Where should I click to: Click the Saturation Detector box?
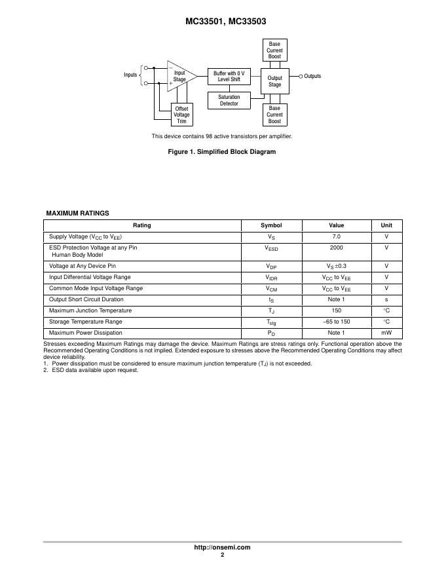pos(229,100)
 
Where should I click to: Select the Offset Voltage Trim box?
pos(181,115)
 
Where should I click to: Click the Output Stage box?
pos(274,81)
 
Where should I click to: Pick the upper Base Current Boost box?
pos(274,50)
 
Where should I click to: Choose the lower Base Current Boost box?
pos(274,115)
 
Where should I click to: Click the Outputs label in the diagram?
pos(312,76)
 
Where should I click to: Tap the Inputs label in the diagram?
pos(130,75)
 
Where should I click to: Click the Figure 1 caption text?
pos(222,152)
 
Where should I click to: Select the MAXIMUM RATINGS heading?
pos(77,213)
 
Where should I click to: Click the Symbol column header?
pos(271,225)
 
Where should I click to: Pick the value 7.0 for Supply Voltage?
pos(337,236)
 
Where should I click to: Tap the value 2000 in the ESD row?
pos(337,248)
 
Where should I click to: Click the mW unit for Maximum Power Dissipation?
pos(386,333)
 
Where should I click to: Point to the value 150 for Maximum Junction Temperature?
pos(337,310)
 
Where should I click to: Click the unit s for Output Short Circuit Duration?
pos(386,299)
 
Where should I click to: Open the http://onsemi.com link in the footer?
pos(223,548)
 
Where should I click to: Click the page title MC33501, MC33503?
pos(223,22)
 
